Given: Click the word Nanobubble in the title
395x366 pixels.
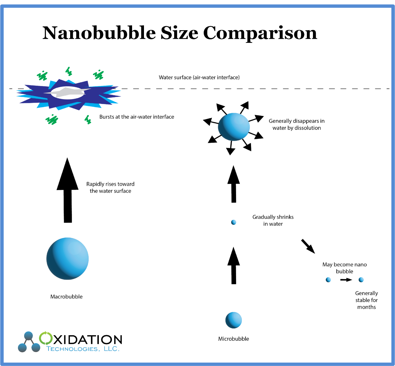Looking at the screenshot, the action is pyautogui.click(x=99, y=33).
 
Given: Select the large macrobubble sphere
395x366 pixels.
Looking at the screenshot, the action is pyautogui.click(x=67, y=258).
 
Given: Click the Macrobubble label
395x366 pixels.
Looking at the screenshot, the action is pyautogui.click(x=66, y=296).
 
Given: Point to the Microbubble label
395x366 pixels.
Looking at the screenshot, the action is pyautogui.click(x=234, y=339).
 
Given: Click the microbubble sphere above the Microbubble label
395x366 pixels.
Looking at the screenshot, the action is pyautogui.click(x=234, y=320).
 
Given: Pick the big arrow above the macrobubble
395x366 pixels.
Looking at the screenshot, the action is pyautogui.click(x=68, y=190).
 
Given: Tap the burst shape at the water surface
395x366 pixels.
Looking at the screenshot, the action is pyautogui.click(x=69, y=95).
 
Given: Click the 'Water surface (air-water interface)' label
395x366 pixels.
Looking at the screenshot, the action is pyautogui.click(x=199, y=77).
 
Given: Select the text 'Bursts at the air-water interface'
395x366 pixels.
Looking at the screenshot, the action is pyautogui.click(x=137, y=117).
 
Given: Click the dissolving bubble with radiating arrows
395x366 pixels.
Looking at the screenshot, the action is pyautogui.click(x=234, y=127).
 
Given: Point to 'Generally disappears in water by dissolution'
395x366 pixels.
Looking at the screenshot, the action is pyautogui.click(x=296, y=124).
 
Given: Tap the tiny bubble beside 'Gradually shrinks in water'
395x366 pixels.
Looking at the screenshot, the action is pyautogui.click(x=234, y=222).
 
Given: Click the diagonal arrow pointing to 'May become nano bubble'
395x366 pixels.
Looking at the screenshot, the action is pyautogui.click(x=308, y=246).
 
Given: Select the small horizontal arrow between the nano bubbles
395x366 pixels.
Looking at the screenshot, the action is pyautogui.click(x=346, y=280).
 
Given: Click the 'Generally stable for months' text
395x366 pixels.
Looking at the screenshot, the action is pyautogui.click(x=366, y=300).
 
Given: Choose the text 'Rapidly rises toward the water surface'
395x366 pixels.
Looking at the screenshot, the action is pyautogui.click(x=110, y=187).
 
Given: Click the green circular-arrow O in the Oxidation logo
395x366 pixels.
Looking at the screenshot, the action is pyautogui.click(x=46, y=338).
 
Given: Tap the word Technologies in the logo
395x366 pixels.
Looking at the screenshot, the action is pyautogui.click(x=72, y=349).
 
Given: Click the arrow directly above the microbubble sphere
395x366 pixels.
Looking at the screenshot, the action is pyautogui.click(x=234, y=266).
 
